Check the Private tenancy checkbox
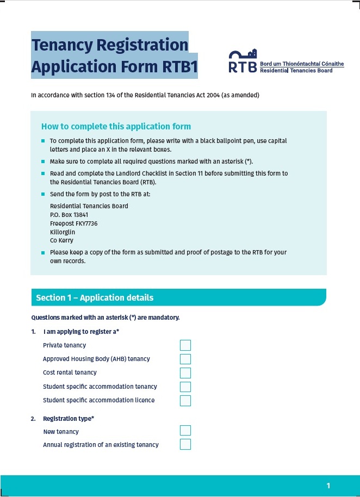click(x=185, y=345)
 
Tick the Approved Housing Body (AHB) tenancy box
click(x=185, y=359)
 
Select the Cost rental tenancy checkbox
click(x=185, y=373)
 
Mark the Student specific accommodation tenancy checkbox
click(x=185, y=387)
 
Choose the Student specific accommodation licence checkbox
click(x=185, y=401)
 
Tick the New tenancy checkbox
click(x=185, y=431)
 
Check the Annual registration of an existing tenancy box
click(x=185, y=445)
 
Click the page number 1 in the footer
click(x=328, y=486)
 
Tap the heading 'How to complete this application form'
click(x=116, y=127)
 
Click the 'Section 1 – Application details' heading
click(x=95, y=298)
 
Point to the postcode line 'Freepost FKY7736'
click(x=73, y=223)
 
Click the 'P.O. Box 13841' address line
click(x=69, y=215)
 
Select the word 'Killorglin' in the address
click(x=63, y=232)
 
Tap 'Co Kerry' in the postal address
click(x=61, y=240)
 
